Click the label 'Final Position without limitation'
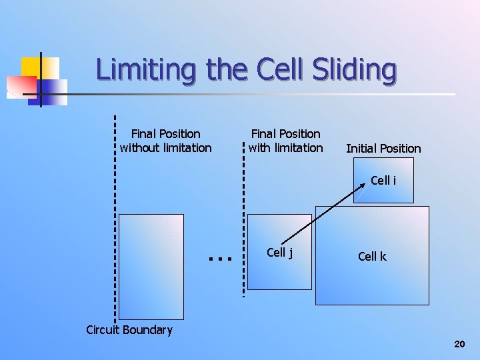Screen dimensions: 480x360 point(166,141)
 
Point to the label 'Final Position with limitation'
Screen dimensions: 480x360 point(285,141)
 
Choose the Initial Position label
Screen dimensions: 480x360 point(383,148)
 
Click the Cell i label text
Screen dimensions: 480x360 point(383,180)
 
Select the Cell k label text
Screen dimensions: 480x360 point(372,257)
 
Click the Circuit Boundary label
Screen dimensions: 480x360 point(129,330)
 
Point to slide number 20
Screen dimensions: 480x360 point(459,344)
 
